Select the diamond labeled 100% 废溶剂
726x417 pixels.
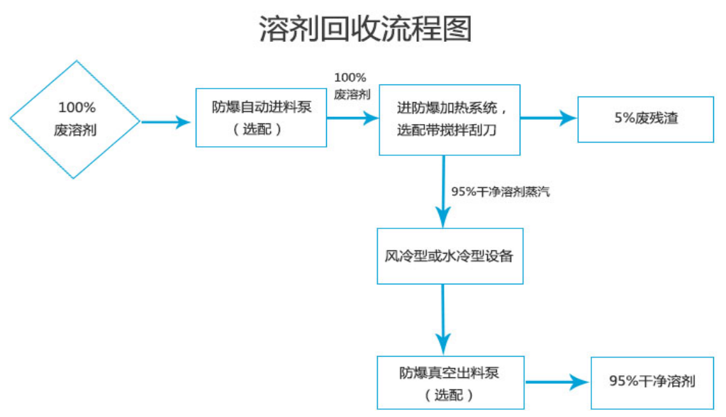coord(75,119)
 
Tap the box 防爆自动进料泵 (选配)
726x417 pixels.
coord(261,118)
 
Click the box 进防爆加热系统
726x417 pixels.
coord(449,120)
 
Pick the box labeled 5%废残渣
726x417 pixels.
coord(645,119)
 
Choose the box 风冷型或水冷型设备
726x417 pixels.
coord(449,256)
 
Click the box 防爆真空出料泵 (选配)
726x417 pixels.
coord(449,382)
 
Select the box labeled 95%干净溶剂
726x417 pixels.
coord(652,382)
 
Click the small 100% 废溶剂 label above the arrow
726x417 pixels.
coord(351,85)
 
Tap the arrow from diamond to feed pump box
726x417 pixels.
coord(167,122)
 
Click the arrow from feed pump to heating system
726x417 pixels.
coord(352,119)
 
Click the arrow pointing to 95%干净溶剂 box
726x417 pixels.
coord(557,382)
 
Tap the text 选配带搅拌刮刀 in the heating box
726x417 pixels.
coord(449,130)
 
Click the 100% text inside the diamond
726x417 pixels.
coord(76,108)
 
